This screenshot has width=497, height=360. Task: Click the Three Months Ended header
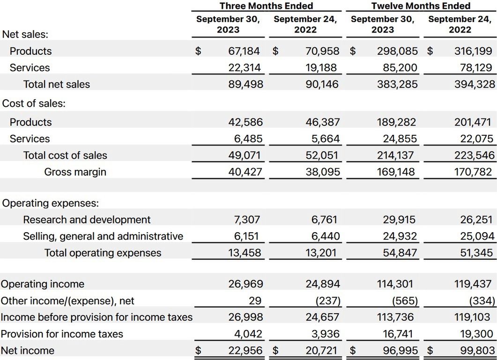pyautogui.click(x=266, y=6)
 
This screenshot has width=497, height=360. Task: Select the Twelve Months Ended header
pyautogui.click(x=421, y=6)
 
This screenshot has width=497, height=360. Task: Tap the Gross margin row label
pyautogui.click(x=75, y=172)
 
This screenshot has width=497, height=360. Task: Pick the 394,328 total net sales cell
pyautogui.click(x=474, y=84)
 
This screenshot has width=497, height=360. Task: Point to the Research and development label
pyautogui.click(x=87, y=220)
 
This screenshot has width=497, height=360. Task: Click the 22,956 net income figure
pyautogui.click(x=245, y=351)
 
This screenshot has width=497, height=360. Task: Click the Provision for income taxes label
pyautogui.click(x=62, y=334)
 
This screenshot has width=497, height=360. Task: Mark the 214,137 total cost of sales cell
pyautogui.click(x=396, y=155)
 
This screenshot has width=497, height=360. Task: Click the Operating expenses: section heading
pyautogui.click(x=51, y=203)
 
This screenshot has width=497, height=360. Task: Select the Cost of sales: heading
pyautogui.click(x=34, y=103)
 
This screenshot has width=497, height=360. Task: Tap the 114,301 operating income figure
pyautogui.click(x=396, y=284)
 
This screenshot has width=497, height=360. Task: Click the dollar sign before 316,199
pyautogui.click(x=430, y=51)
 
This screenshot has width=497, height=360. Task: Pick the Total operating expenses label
pyautogui.click(x=103, y=253)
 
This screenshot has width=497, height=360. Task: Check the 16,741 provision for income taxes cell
pyautogui.click(x=399, y=334)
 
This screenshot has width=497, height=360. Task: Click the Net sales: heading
pyautogui.click(x=25, y=34)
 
